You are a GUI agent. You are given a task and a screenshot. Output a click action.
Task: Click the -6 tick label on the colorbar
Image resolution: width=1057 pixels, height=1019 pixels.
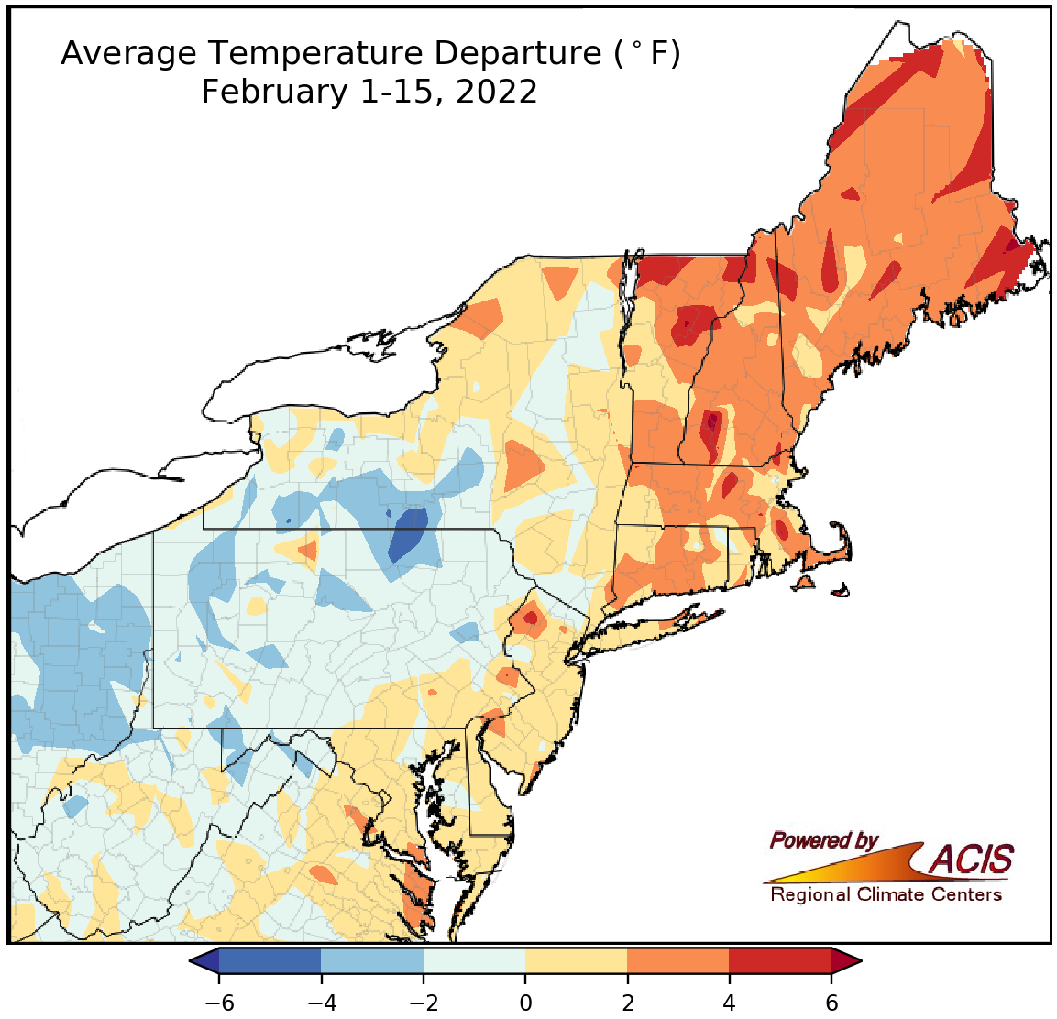pyautogui.click(x=218, y=1003)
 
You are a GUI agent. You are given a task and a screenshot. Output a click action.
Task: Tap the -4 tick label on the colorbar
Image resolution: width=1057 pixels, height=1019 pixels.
pyautogui.click(x=321, y=1003)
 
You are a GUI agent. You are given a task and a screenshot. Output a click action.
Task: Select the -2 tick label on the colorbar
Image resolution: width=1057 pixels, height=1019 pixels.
pyautogui.click(x=423, y=1003)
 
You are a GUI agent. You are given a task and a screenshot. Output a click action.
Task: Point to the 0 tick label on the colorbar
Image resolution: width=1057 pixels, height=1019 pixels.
pyautogui.click(x=525, y=1003)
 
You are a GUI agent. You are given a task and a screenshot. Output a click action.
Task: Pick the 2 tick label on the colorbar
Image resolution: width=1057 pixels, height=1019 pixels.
pyautogui.click(x=627, y=1003)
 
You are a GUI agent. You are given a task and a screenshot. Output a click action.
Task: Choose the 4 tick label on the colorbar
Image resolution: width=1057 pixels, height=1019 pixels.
pyautogui.click(x=730, y=1003)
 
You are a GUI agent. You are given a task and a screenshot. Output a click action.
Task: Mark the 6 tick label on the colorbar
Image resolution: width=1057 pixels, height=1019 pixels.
pyautogui.click(x=831, y=1003)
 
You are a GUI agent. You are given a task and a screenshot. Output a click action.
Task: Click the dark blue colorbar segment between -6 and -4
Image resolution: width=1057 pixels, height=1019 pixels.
pyautogui.click(x=270, y=960)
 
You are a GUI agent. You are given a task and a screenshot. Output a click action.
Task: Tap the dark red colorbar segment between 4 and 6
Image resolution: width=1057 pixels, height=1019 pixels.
pyautogui.click(x=780, y=960)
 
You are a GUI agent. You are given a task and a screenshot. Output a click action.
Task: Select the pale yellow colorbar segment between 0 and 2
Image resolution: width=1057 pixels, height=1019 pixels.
pyautogui.click(x=576, y=960)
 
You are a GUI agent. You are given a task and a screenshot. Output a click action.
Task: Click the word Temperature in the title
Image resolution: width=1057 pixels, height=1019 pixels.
pyautogui.click(x=315, y=55)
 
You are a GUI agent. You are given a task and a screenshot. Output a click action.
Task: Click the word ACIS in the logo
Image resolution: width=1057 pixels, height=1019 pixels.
pyautogui.click(x=972, y=860)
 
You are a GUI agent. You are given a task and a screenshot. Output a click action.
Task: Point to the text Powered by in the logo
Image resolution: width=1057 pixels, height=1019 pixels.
pyautogui.click(x=823, y=840)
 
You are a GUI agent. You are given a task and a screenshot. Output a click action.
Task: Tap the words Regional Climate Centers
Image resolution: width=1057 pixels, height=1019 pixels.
pyautogui.click(x=886, y=894)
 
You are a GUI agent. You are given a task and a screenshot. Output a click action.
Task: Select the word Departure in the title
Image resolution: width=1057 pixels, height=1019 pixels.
pyautogui.click(x=518, y=55)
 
